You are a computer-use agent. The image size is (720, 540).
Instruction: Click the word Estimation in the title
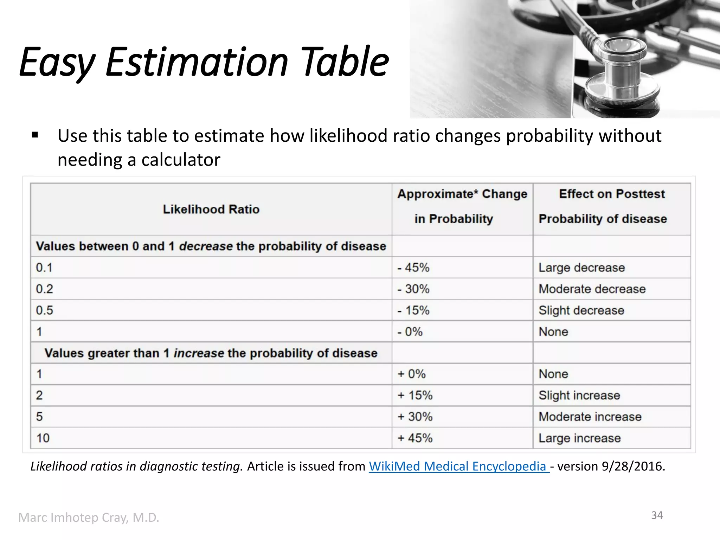pos(197,63)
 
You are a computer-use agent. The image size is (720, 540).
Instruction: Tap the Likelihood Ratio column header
pos(211,210)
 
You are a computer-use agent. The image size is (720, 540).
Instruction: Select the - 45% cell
pos(413,268)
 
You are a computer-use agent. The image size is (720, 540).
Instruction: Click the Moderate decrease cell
pos(592,289)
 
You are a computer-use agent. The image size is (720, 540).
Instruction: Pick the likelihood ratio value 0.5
pos(44,310)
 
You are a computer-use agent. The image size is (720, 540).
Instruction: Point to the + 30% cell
pos(415,417)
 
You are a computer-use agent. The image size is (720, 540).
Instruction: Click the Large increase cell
pos(580,438)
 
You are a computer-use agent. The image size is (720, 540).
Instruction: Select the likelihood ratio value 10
pos(43,438)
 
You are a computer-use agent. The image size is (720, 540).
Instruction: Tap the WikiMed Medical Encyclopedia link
pos(458,467)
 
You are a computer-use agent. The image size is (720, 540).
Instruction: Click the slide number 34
pos(657,515)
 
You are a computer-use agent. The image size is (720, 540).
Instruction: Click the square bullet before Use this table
pos(35,135)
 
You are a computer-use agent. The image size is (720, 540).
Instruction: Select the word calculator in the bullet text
pos(181,160)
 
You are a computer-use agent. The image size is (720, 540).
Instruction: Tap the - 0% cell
pos(410,332)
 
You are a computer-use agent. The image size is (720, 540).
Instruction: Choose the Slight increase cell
pos(579,396)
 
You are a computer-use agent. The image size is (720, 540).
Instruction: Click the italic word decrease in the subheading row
pos(206,246)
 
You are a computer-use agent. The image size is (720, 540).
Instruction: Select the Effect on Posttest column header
pos(611,194)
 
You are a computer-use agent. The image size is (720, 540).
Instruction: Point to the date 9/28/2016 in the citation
pos(633,467)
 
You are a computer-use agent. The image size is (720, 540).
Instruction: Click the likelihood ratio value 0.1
pos(44,268)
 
